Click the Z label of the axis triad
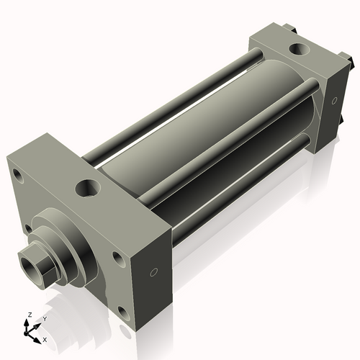[x=30, y=315]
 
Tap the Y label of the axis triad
[x=45, y=319]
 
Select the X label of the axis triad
[x=45, y=340]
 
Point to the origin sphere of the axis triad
[x=26, y=333]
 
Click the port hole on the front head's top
[x=88, y=188]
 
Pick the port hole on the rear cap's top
[x=300, y=49]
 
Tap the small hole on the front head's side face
[x=154, y=272]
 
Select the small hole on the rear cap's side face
[x=334, y=101]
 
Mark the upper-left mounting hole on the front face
[x=18, y=176]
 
